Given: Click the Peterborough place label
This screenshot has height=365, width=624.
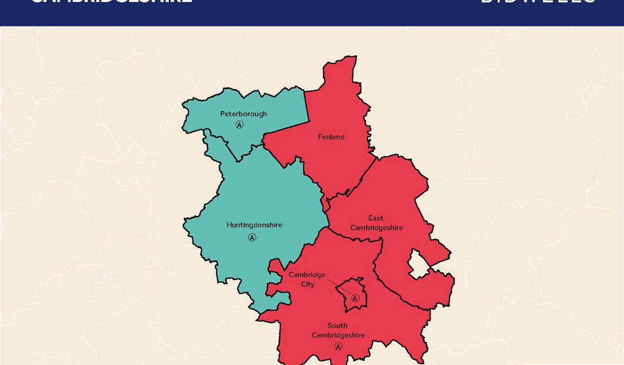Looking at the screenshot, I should [x=243, y=114].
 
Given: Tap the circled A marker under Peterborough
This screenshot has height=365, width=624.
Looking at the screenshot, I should [x=239, y=125].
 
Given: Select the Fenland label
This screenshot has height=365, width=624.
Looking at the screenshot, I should [x=331, y=137].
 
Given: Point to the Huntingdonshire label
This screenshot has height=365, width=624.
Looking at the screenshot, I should [x=254, y=225].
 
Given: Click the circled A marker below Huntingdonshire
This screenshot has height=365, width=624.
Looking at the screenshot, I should [x=252, y=237].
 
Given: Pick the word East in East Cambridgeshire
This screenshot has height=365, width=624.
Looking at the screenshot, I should [x=376, y=218].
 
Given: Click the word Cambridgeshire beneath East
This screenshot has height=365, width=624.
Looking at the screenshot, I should [x=376, y=228].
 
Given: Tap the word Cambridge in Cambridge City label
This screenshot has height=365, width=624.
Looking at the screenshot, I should [x=307, y=275].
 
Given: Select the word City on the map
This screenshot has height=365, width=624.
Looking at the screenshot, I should [x=307, y=284].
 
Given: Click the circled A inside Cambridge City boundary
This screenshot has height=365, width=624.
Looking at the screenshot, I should [x=356, y=298].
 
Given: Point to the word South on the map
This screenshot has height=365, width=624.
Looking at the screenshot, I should [x=337, y=326].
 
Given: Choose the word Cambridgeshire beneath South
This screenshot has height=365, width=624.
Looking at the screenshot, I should [x=338, y=335].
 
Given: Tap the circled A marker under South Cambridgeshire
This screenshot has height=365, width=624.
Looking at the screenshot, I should [x=339, y=346].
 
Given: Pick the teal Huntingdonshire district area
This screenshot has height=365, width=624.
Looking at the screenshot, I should [x=260, y=198].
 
